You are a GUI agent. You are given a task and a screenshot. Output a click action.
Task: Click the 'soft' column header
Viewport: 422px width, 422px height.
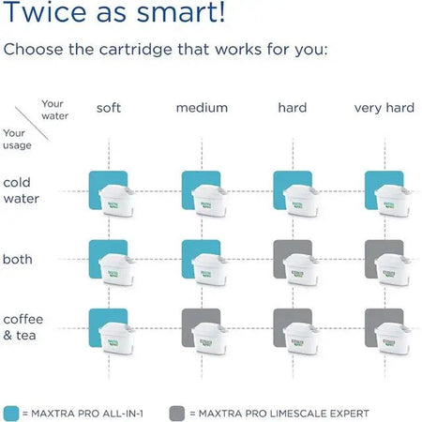pos(109,108)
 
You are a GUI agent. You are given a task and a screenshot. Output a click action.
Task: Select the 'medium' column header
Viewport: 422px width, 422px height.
pos(202,108)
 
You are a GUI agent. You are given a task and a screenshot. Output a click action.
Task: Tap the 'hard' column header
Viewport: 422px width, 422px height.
pos(293,108)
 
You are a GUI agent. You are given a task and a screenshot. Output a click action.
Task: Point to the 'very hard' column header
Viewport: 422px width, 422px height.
pos(384,108)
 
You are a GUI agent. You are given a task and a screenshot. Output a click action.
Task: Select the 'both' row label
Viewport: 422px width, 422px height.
pos(18,258)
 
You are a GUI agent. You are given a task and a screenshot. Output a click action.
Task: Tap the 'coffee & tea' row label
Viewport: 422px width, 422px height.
pos(23,326)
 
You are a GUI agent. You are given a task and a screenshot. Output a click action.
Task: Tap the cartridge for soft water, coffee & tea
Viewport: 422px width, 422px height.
pos(111,331)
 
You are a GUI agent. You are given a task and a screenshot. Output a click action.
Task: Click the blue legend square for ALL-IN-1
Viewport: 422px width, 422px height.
pos(12,412)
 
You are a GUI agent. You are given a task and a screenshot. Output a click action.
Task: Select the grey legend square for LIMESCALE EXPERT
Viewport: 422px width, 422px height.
pos(175,412)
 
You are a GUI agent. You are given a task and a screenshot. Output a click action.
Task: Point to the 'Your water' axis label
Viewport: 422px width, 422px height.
pos(55,110)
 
